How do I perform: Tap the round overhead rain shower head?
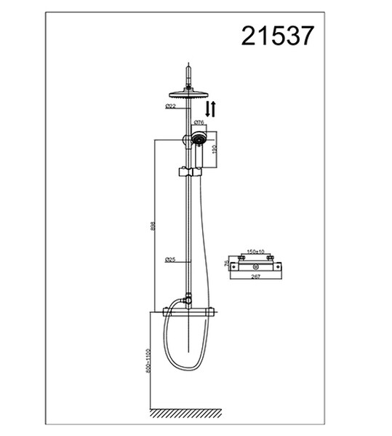pos(188,92)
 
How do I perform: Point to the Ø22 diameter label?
pos(171,106)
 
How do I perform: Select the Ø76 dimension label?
pos(198,123)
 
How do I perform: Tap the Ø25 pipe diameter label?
pos(170,260)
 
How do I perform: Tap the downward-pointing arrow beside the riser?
pos(208,110)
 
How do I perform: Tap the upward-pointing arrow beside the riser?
pos(214,110)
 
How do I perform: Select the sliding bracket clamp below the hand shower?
pos(188,173)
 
